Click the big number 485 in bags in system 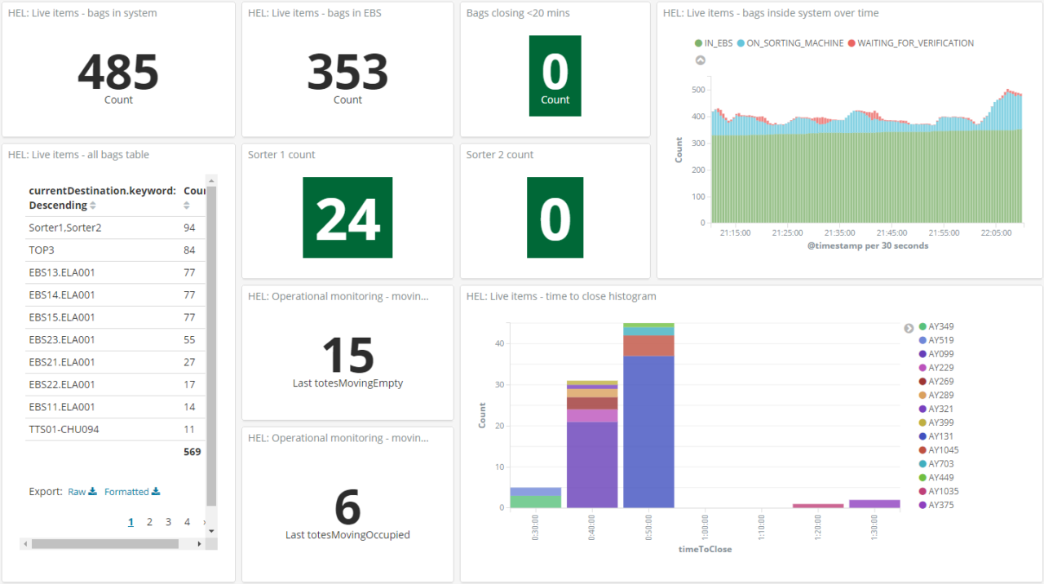(118, 72)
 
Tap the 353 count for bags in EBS (347, 72)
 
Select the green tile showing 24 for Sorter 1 (347, 217)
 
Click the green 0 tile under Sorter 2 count (555, 217)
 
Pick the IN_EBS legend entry (714, 43)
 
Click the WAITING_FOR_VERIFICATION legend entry (911, 43)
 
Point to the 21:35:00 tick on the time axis (839, 232)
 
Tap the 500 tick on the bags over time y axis (698, 90)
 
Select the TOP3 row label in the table (42, 250)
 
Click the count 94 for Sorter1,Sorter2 (189, 228)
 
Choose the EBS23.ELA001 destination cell (61, 340)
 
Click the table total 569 (192, 452)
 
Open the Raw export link (82, 492)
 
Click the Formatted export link (132, 492)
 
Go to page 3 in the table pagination (168, 522)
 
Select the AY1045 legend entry (939, 450)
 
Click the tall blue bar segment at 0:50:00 (648, 431)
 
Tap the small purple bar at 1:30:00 (874, 504)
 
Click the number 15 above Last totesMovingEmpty (347, 355)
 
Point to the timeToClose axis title (705, 549)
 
